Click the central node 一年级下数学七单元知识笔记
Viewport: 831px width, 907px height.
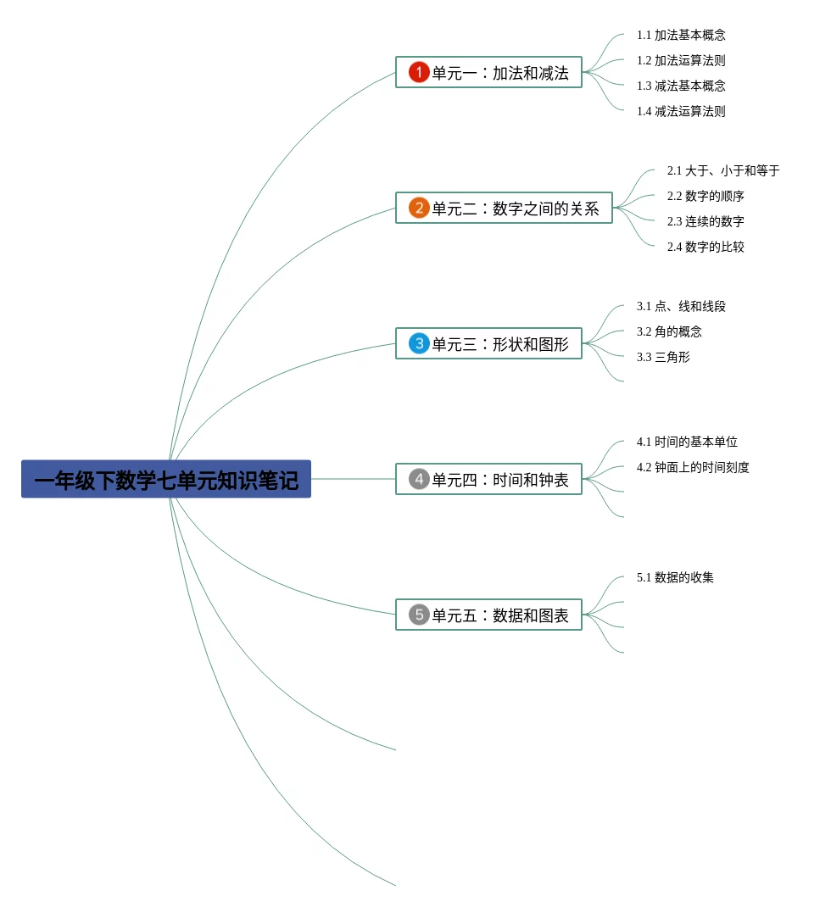coord(166,480)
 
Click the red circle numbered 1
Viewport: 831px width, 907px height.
coord(419,72)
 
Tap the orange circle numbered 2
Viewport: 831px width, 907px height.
coord(419,208)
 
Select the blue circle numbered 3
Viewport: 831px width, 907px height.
coord(419,343)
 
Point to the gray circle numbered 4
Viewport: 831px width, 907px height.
coord(419,479)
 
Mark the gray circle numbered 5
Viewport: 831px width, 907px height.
coord(419,615)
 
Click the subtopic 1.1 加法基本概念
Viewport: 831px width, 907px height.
coord(681,36)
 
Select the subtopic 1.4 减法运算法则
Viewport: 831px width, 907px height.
coord(681,112)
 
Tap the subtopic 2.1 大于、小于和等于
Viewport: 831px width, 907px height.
coord(722,171)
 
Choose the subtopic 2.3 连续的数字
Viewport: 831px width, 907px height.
coord(706,222)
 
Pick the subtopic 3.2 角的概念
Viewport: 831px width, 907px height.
coord(669,332)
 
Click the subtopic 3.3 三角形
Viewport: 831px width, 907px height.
coord(663,358)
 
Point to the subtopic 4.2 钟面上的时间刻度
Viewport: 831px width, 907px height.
coord(693,468)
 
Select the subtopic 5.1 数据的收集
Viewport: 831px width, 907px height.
coord(675,578)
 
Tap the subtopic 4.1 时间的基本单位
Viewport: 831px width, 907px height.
coord(687,442)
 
